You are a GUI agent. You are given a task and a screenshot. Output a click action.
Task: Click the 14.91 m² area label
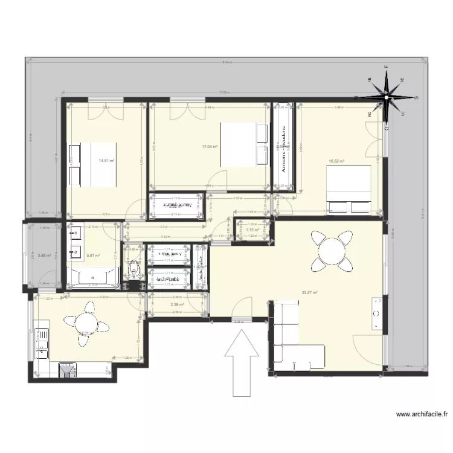coord(106,161)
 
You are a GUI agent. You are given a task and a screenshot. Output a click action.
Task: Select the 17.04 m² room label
coord(210,146)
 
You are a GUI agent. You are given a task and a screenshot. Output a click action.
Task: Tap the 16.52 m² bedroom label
coord(336,161)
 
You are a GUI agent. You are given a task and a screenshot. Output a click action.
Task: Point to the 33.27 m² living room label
coord(310,294)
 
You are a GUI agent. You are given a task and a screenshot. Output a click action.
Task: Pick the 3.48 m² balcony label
coord(43,255)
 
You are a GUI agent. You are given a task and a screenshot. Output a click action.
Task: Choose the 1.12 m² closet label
coord(252,230)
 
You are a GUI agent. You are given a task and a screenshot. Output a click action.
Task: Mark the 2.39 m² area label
coord(176,305)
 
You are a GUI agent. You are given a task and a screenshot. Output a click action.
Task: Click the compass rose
coord(387,95)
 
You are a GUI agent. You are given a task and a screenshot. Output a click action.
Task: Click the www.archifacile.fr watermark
coord(422,414)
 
